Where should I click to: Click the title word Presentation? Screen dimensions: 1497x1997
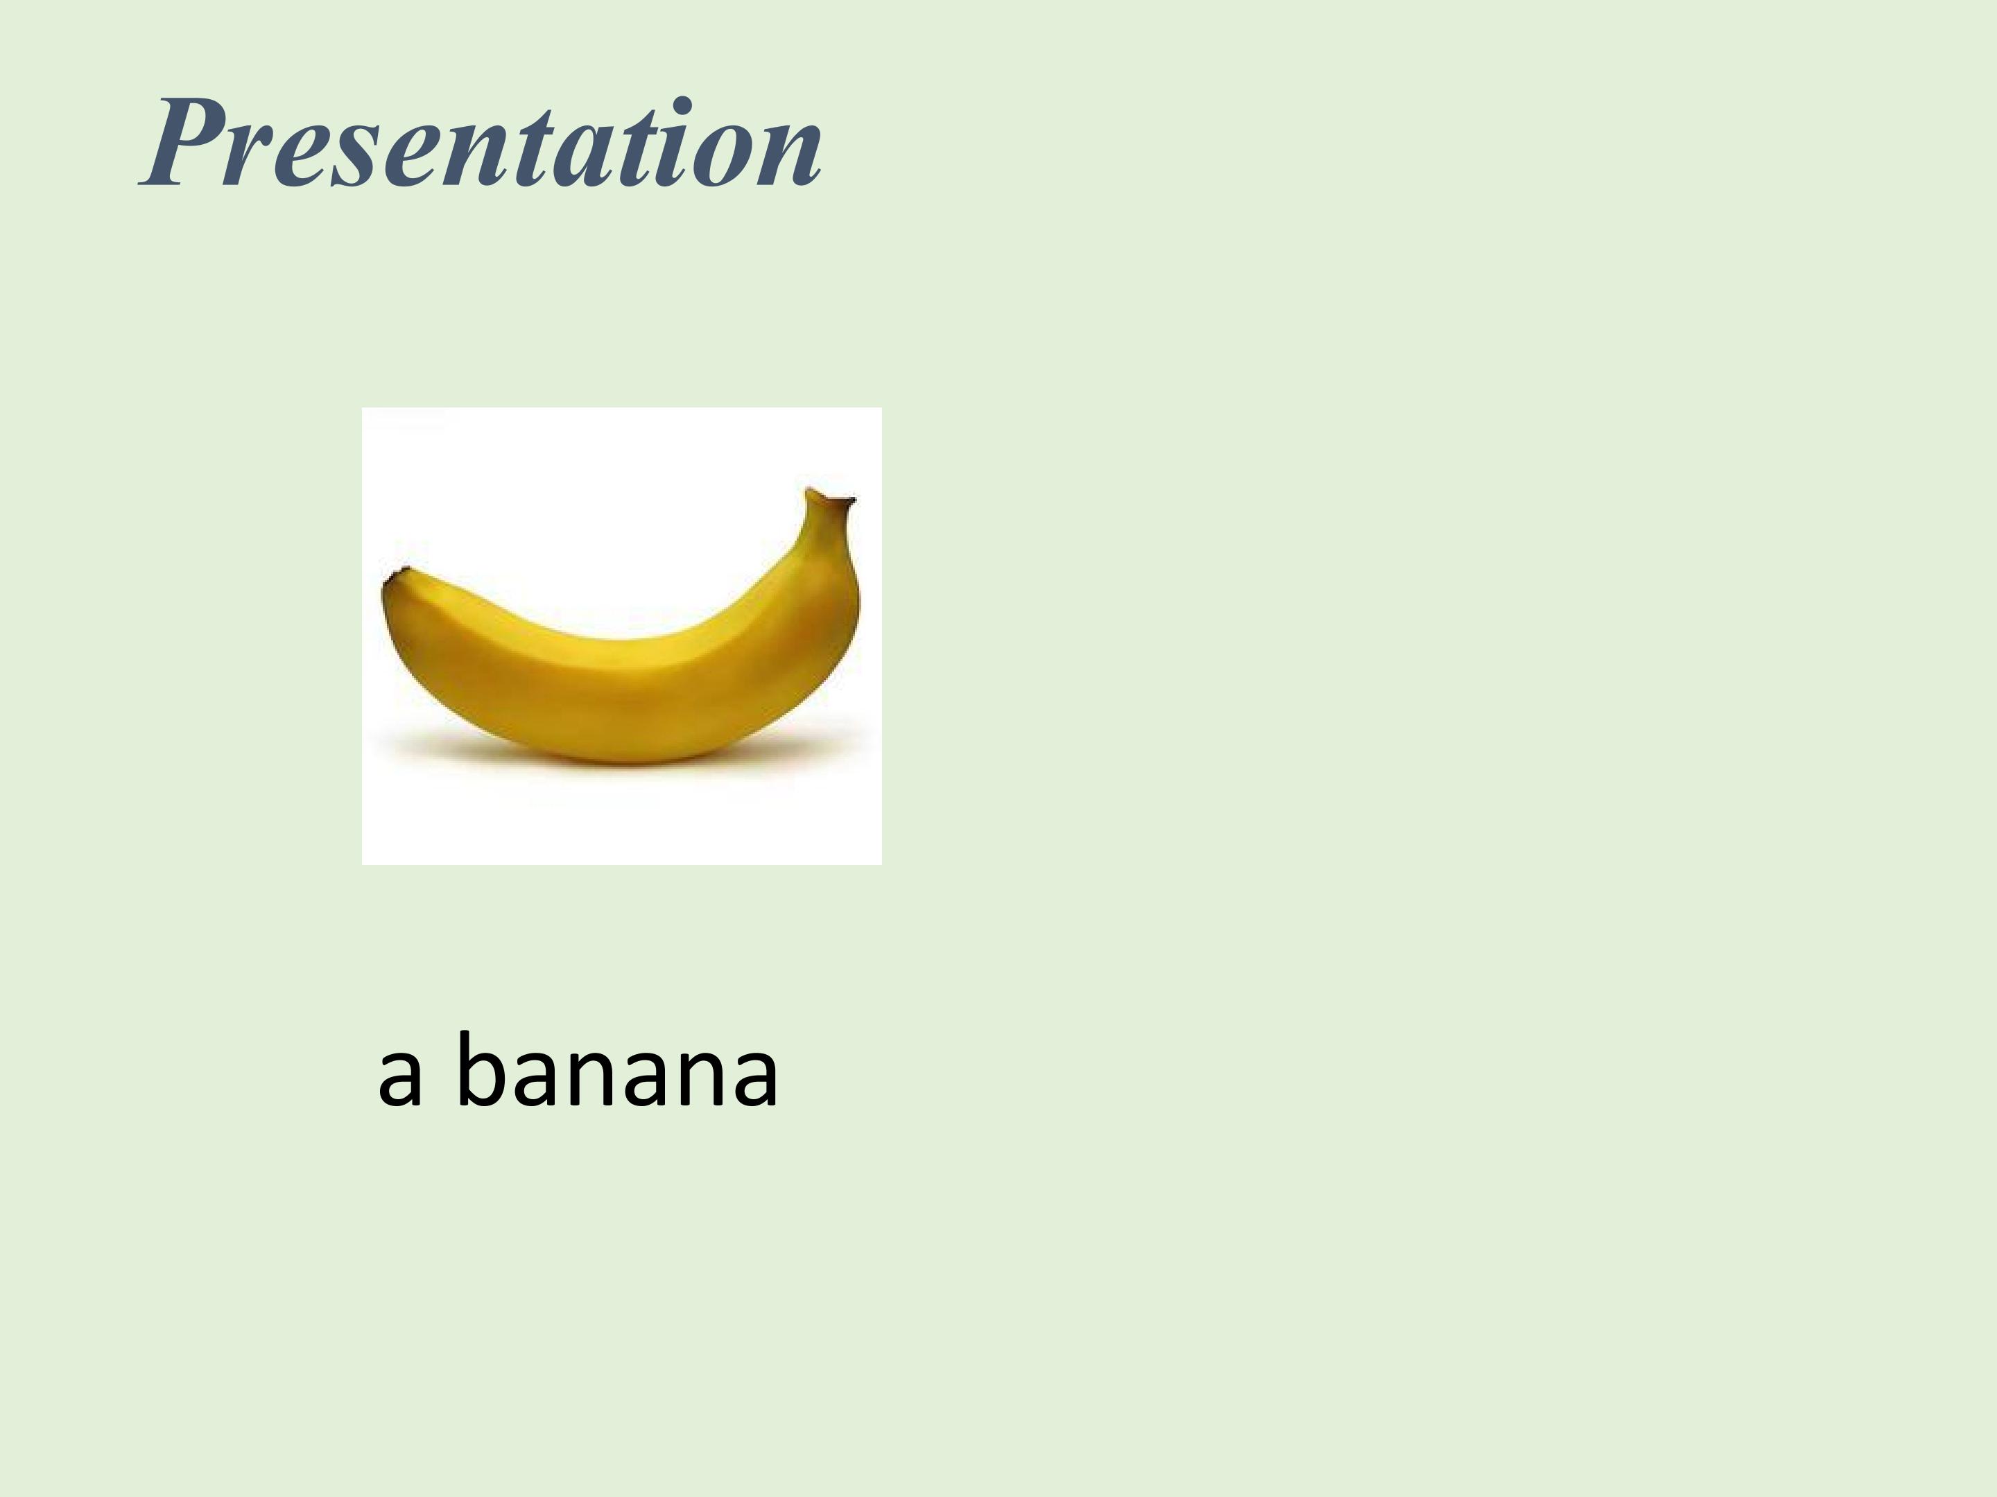click(x=481, y=144)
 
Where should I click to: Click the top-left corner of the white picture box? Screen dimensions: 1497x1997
click(x=364, y=410)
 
